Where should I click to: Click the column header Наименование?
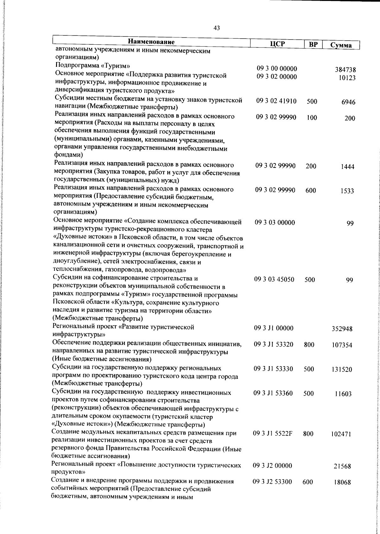[x=151, y=42]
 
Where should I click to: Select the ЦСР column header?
[x=277, y=44]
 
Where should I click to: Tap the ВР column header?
[x=313, y=45]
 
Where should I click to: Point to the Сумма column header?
[x=341, y=45]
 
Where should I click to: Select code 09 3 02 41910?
[x=276, y=101]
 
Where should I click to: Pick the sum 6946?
[x=348, y=102]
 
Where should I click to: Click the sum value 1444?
[x=347, y=167]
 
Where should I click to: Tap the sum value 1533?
[x=347, y=191]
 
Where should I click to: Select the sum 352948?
[x=342, y=329]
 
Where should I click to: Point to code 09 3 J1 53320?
[x=274, y=345]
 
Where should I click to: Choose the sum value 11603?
[x=343, y=394]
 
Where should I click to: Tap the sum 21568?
[x=342, y=467]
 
